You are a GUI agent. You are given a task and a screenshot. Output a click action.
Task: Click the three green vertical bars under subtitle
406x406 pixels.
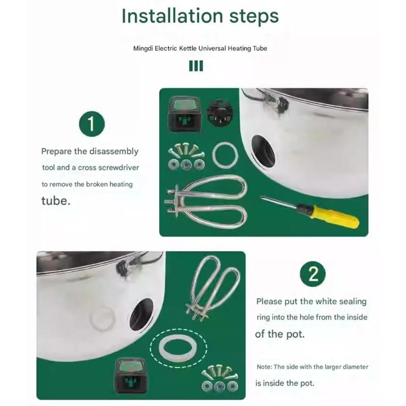pyautogui.click(x=196, y=66)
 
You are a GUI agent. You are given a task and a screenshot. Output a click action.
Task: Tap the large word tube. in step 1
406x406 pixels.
pyautogui.click(x=54, y=200)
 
